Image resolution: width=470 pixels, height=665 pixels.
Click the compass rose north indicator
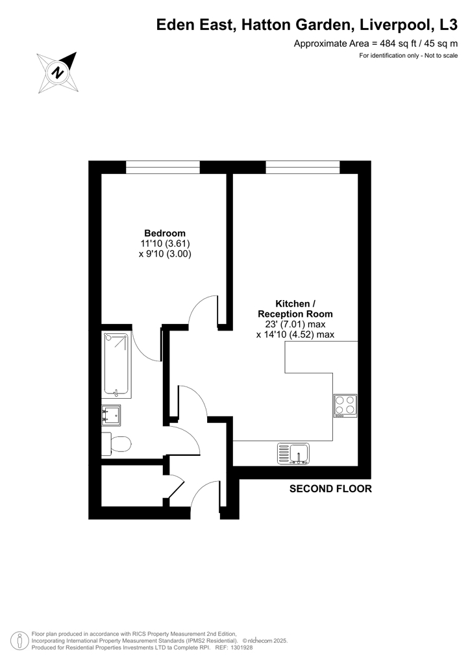tap(58, 72)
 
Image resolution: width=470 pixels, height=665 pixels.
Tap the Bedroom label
tap(165, 233)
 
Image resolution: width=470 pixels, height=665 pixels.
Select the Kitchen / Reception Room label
tap(295, 308)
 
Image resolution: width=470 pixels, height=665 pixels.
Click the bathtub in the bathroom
tap(116, 365)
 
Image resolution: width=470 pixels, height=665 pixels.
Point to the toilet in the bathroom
tap(117, 444)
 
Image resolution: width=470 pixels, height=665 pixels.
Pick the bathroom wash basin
tap(111, 415)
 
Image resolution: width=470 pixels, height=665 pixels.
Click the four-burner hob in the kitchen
tap(345, 406)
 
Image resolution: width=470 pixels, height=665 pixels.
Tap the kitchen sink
tap(293, 453)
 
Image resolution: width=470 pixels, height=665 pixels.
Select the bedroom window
tap(163, 167)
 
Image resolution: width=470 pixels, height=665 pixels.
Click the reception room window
tap(303, 167)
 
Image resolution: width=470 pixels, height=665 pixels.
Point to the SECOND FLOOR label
tap(330, 488)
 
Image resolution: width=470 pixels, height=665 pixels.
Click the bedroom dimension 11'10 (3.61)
tap(166, 244)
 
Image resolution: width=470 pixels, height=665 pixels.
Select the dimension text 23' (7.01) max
tap(295, 324)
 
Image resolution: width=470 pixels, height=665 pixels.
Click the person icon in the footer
tap(19, 640)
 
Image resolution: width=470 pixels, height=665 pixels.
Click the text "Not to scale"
tap(441, 55)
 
